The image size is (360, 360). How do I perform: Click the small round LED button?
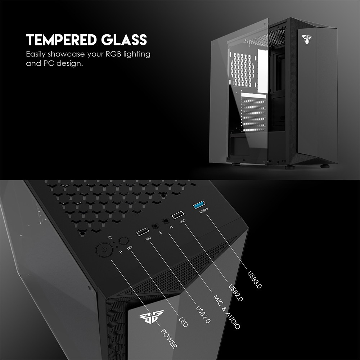(x=124, y=241)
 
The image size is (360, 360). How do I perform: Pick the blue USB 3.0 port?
(x=199, y=206)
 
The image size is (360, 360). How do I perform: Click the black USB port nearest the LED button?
(x=142, y=232)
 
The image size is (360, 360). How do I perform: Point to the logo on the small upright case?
(x=307, y=38)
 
